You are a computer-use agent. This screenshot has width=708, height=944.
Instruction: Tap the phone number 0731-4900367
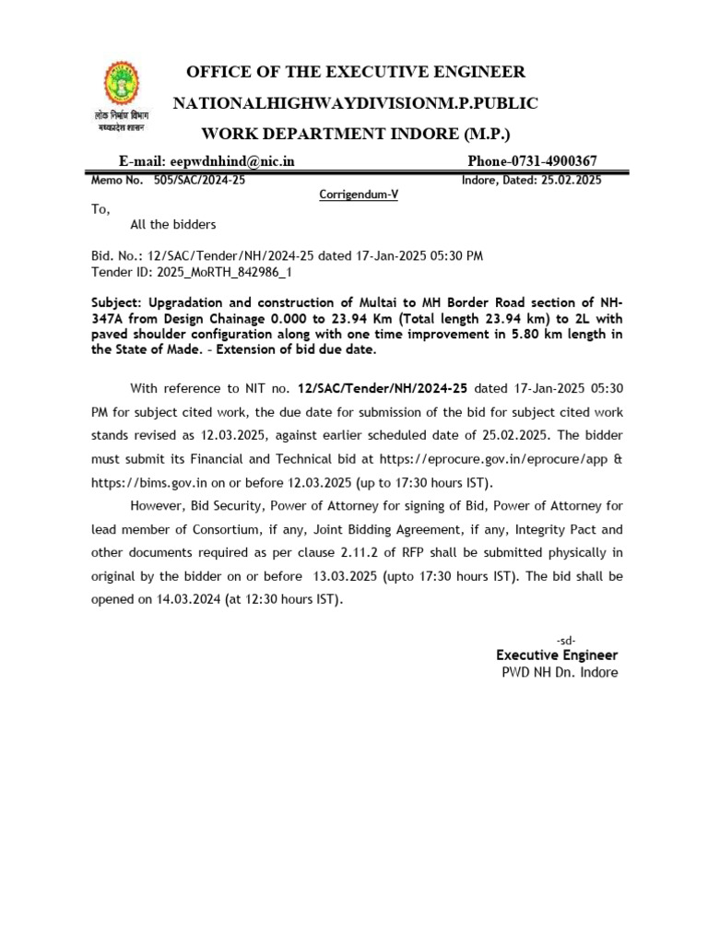click(x=552, y=160)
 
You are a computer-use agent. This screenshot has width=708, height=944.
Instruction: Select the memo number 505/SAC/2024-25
click(x=199, y=180)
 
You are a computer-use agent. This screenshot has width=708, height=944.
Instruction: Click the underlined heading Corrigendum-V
click(x=358, y=195)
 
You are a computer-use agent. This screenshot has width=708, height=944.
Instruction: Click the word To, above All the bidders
click(x=100, y=209)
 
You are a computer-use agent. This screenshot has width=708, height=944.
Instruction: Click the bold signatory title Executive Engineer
click(x=557, y=655)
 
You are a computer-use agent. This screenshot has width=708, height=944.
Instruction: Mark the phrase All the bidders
click(x=173, y=225)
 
